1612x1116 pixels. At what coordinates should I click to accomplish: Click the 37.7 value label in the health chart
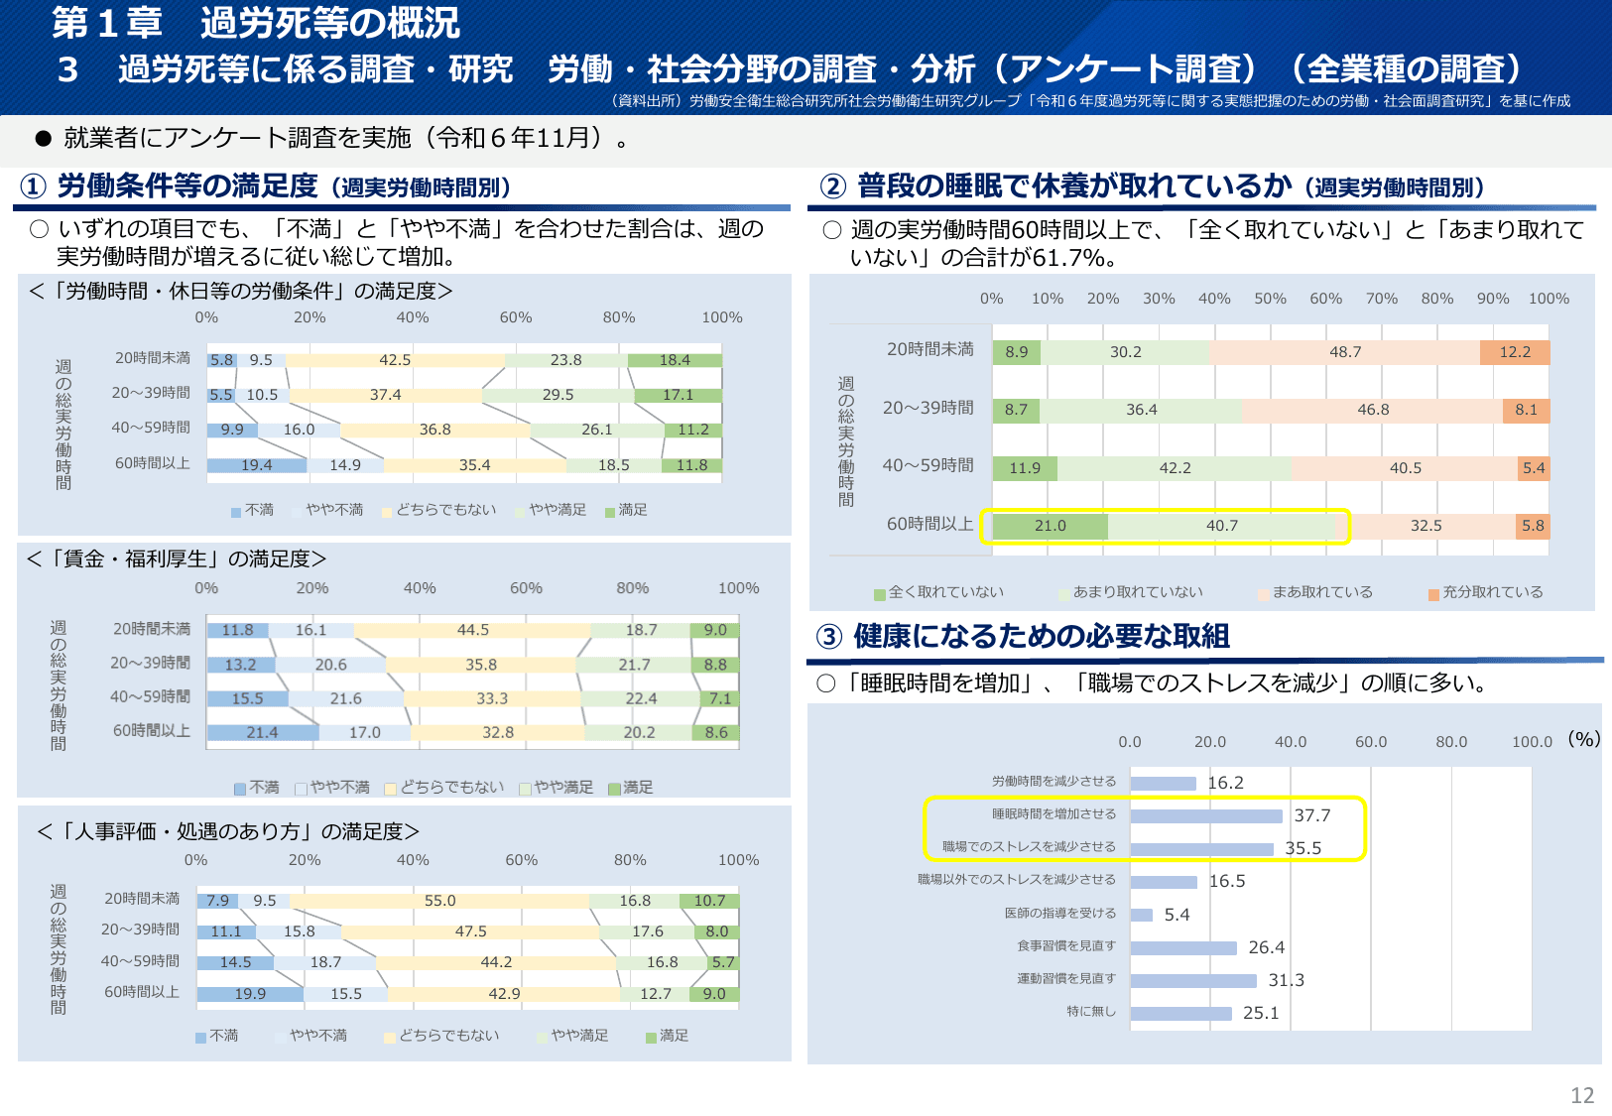click(1311, 815)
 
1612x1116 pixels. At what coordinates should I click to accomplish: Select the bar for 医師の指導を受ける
click(1141, 915)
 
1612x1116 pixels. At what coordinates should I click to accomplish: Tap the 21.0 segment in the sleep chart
click(1050, 526)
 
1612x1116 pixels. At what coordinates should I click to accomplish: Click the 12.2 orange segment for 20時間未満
click(1514, 352)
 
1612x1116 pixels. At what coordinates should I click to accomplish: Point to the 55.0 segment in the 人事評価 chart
click(439, 901)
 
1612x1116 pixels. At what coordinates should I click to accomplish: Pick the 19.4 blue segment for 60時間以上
click(256, 465)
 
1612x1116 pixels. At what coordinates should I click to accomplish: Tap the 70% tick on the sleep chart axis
click(1381, 299)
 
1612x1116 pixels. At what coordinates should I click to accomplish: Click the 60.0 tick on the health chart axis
click(1371, 742)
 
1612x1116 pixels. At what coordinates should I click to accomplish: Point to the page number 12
click(1581, 1095)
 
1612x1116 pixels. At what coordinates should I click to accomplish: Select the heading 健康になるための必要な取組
click(1041, 636)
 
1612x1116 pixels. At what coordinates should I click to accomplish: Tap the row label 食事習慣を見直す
click(1065, 946)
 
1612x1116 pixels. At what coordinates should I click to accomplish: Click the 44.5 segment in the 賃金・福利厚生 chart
click(472, 630)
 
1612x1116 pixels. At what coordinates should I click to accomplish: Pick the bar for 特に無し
click(1180, 1013)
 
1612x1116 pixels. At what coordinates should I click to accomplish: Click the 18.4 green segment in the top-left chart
click(675, 360)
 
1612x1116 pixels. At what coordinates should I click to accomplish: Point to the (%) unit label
click(1583, 739)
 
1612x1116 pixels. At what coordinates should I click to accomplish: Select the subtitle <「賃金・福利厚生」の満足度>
click(177, 559)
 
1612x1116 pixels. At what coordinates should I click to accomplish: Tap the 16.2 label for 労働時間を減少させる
click(1225, 783)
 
